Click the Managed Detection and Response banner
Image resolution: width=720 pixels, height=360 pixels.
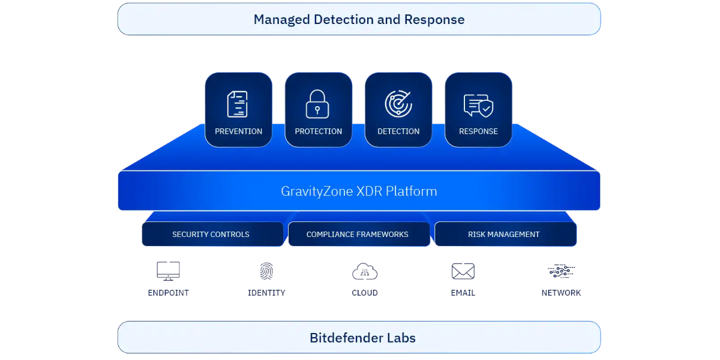(x=359, y=19)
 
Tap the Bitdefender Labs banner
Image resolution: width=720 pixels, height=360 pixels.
(x=359, y=337)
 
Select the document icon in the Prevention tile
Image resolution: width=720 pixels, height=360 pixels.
(x=238, y=104)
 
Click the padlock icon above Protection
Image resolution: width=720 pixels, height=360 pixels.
(x=317, y=104)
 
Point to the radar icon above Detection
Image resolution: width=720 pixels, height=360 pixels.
(x=398, y=103)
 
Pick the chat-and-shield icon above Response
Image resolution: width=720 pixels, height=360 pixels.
(x=478, y=106)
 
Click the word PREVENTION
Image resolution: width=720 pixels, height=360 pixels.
(x=239, y=131)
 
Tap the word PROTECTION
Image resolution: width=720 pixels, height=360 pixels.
(x=319, y=131)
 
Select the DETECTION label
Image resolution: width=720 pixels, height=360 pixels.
(x=398, y=131)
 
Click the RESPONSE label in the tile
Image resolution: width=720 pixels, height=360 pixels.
(x=478, y=131)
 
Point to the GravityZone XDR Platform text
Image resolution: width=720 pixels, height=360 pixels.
(x=359, y=191)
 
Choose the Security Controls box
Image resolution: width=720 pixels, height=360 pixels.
(x=212, y=234)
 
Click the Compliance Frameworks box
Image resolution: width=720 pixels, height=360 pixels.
(x=359, y=234)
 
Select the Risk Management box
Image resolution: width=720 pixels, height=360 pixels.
(x=505, y=234)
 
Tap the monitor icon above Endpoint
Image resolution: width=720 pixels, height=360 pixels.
(x=168, y=271)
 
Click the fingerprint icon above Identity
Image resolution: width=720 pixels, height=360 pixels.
(x=266, y=271)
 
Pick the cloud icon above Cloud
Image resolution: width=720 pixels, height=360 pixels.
(x=365, y=272)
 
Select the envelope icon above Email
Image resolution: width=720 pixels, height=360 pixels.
(x=463, y=271)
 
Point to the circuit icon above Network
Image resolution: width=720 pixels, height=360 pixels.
(x=561, y=271)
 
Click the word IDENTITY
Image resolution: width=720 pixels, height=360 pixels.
(x=266, y=293)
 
